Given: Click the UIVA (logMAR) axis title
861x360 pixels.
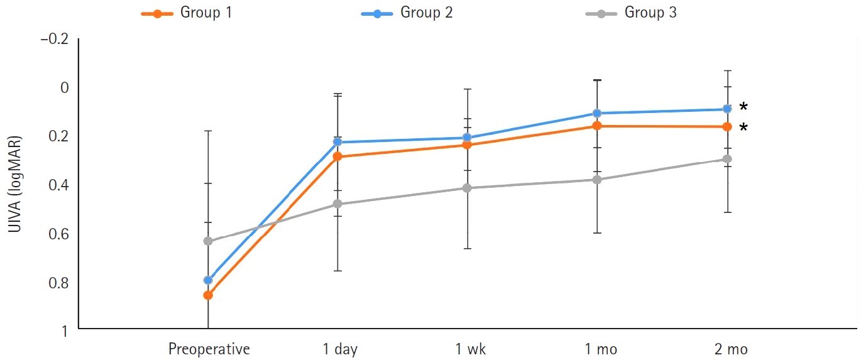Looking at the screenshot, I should pyautogui.click(x=14, y=185).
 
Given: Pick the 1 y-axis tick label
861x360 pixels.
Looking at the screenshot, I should pyautogui.click(x=65, y=330).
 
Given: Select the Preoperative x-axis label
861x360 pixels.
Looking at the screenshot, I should pyautogui.click(x=209, y=349).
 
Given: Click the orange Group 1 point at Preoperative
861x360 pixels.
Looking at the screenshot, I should pyautogui.click(x=208, y=295).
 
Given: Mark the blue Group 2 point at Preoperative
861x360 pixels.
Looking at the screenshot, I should pyautogui.click(x=208, y=280).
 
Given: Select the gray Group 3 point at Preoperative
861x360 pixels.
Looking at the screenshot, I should pyautogui.click(x=208, y=241).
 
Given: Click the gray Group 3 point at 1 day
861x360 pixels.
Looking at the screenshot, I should pyautogui.click(x=337, y=204).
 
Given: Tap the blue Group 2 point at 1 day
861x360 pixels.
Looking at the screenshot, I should pyautogui.click(x=337, y=142).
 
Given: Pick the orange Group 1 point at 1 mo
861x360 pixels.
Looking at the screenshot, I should pyautogui.click(x=597, y=126).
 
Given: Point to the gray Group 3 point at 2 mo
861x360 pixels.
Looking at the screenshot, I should pyautogui.click(x=727, y=159).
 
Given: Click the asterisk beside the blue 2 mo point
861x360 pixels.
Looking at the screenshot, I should pyautogui.click(x=743, y=106).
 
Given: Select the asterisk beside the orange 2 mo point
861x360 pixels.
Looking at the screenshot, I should pyautogui.click(x=743, y=128).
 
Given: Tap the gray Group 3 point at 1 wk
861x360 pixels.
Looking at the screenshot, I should pyautogui.click(x=468, y=188).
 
